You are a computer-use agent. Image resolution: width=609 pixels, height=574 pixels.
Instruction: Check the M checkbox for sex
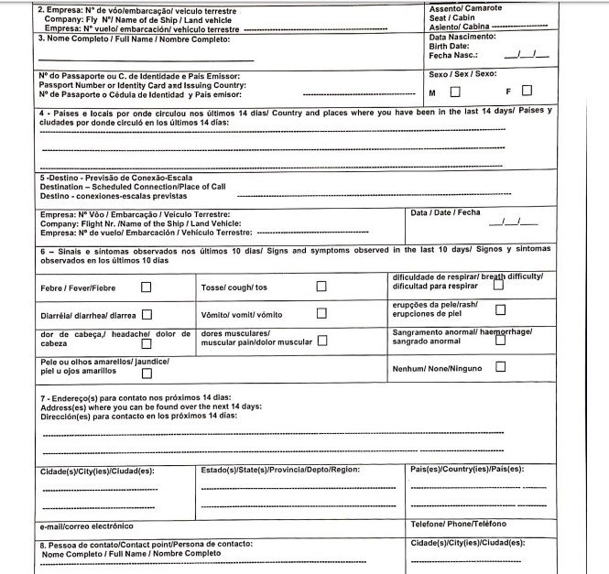[x=455, y=91]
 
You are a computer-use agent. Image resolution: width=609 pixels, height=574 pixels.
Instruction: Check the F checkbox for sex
[x=527, y=90]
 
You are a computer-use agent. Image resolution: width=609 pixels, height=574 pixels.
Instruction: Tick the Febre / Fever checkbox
[x=147, y=287]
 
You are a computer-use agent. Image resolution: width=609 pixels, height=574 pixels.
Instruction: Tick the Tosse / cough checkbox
[x=321, y=287]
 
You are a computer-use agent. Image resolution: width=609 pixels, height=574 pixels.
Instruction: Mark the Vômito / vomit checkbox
[x=321, y=314]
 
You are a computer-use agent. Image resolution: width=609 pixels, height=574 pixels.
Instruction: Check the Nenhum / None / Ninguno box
[x=500, y=366]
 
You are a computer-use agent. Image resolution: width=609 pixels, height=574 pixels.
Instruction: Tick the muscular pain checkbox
[x=322, y=341]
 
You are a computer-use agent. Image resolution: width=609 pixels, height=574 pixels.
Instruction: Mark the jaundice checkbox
[x=147, y=373]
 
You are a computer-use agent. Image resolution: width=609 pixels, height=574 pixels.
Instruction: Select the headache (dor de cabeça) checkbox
[x=145, y=335]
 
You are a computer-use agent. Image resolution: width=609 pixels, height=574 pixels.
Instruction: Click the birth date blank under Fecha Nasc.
[x=532, y=56]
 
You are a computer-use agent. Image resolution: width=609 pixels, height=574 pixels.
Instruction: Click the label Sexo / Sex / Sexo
[x=462, y=73]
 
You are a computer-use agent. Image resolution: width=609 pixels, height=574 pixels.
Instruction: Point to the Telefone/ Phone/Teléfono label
[x=458, y=524]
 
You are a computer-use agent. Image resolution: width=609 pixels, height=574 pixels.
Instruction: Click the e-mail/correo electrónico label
[x=86, y=526]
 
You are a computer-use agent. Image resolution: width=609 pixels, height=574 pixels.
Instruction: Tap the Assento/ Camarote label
[x=465, y=7]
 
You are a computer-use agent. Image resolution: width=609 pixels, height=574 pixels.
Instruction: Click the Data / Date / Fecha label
[x=445, y=212]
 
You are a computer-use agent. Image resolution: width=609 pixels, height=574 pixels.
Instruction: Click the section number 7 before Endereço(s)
[x=42, y=398]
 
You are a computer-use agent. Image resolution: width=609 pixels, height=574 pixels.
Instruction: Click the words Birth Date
[x=449, y=46]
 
